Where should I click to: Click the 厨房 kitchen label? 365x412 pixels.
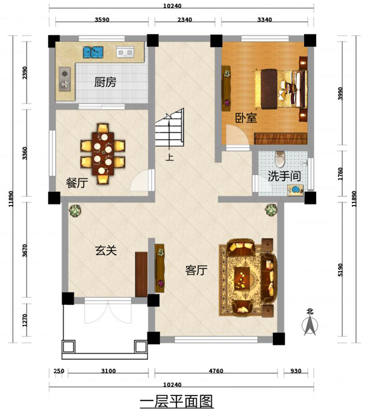click(x=105, y=82)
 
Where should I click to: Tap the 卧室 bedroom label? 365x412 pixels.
click(x=246, y=117)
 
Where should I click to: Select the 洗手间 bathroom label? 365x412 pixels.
click(x=284, y=176)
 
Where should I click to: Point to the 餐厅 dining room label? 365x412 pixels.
click(x=77, y=183)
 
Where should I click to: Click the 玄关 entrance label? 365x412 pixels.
click(x=106, y=250)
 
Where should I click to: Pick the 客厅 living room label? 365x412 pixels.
click(x=196, y=270)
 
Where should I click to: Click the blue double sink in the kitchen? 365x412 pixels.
click(x=93, y=52)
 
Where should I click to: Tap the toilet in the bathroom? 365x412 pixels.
click(x=279, y=159)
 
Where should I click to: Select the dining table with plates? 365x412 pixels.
click(x=103, y=154)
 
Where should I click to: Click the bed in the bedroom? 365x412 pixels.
click(x=281, y=89)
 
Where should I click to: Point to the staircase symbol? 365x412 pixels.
click(x=169, y=128)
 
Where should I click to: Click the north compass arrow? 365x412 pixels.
click(x=310, y=325)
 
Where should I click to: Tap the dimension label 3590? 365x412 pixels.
click(x=102, y=20)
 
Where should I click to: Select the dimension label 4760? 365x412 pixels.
click(x=216, y=371)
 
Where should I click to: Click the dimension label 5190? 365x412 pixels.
click(x=340, y=270)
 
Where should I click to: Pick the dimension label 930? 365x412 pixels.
click(x=296, y=371)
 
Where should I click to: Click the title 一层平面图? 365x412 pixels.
click(x=176, y=401)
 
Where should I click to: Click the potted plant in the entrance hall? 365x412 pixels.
click(x=75, y=211)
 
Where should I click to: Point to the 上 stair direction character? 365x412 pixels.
click(x=169, y=157)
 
